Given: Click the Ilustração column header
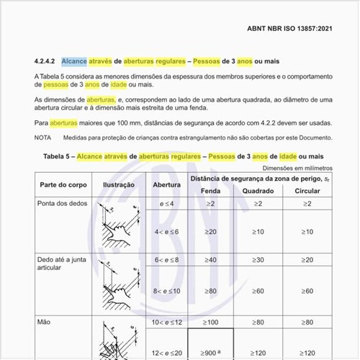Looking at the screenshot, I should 119,184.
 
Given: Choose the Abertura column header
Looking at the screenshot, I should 167,184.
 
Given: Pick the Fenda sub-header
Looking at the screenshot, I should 211,192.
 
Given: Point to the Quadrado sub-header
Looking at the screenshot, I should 257,192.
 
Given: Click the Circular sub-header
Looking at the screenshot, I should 307,192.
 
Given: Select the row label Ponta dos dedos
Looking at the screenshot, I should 60,204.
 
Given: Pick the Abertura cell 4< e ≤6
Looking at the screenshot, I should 167,232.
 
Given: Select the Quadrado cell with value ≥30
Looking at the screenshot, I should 257,259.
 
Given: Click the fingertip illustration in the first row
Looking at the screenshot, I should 119,225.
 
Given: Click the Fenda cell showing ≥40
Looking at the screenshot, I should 211,259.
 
